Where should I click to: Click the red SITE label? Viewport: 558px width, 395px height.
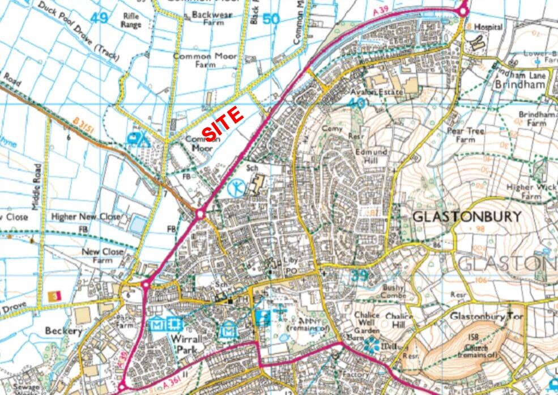223,123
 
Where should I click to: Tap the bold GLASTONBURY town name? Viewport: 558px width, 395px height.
466,216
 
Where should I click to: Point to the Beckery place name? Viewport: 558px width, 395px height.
65,330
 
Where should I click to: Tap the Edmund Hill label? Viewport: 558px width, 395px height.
371,157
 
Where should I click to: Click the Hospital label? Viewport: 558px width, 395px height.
488,27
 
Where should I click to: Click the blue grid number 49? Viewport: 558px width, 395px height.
99,18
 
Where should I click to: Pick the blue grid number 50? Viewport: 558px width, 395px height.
271,19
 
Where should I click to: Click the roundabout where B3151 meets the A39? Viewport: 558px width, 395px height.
199,215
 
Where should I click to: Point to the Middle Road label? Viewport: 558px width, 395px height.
37,187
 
